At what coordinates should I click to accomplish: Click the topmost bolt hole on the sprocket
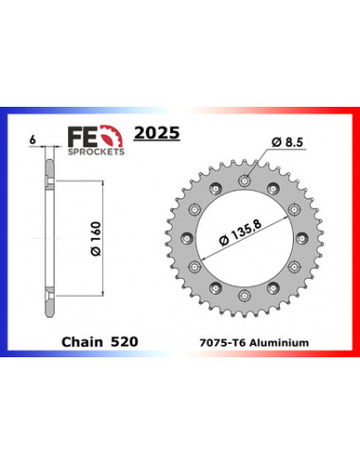pyautogui.click(x=248, y=179)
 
